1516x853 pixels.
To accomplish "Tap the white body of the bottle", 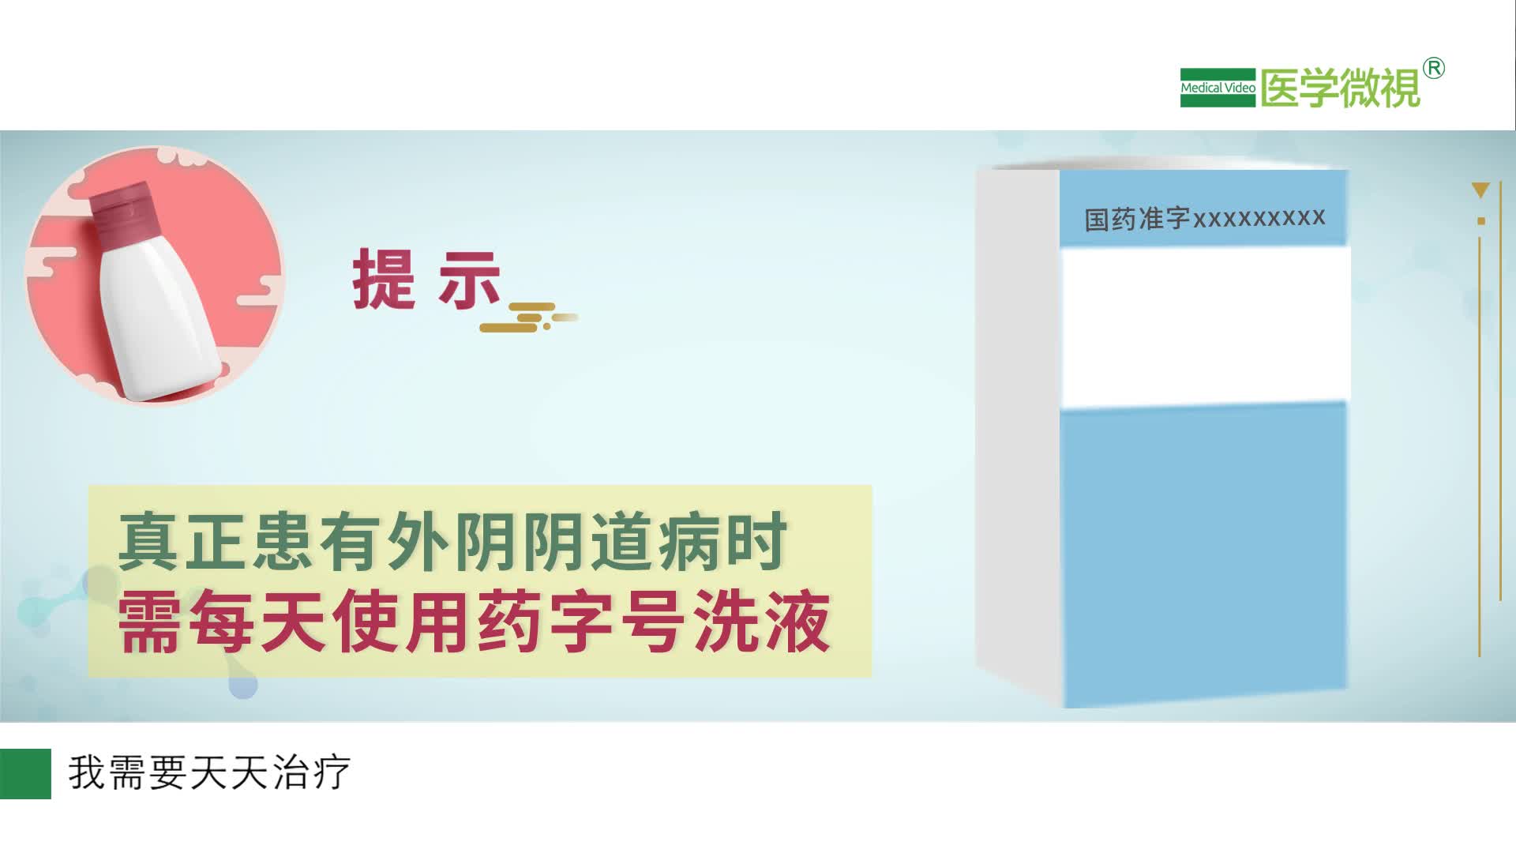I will tap(162, 316).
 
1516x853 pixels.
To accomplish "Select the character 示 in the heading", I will tap(469, 280).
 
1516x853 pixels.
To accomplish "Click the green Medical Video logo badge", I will tap(1217, 88).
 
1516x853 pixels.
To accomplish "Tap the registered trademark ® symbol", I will tap(1434, 69).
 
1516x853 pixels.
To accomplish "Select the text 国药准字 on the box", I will tap(1136, 219).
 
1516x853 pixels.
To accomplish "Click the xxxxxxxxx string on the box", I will tap(1259, 217).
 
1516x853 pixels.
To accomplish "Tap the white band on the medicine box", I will tap(1204, 325).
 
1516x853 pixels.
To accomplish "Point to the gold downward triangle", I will tap(1480, 190).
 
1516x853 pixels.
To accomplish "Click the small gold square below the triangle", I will tap(1481, 221).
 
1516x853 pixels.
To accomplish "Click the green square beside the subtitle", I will tap(25, 773).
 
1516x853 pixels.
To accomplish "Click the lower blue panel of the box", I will tap(1204, 553).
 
